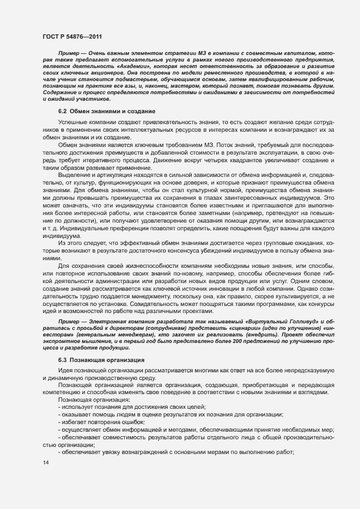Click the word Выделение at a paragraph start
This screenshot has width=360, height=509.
(x=73, y=175)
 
